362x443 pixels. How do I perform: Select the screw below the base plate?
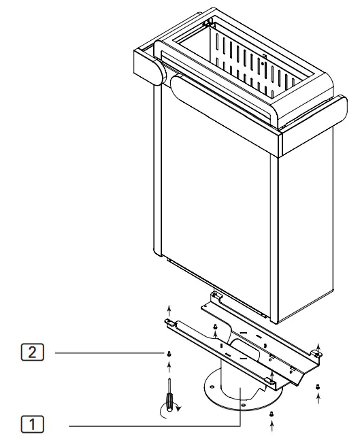pos(271,413)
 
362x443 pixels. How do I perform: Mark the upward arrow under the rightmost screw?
pos(318,397)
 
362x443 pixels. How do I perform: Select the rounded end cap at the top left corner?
pos(151,71)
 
